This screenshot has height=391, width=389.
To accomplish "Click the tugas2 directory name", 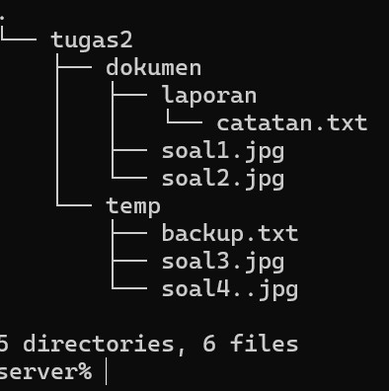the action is coord(92,41).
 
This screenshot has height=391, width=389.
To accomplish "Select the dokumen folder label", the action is coord(153,68).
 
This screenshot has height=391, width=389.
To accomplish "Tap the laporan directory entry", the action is coord(209,97).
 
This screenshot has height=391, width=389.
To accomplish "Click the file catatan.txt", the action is coord(292,123).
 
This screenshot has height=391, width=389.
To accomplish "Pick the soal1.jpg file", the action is coord(223,152).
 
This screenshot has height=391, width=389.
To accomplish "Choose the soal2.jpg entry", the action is coord(223,180).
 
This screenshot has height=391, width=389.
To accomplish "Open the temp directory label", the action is coord(133,207).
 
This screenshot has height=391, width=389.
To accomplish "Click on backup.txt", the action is coord(230,234).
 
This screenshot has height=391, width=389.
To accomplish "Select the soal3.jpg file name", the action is coord(223,263).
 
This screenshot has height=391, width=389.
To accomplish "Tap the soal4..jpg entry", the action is coord(230,290).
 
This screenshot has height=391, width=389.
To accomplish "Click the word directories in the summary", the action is coord(99,344).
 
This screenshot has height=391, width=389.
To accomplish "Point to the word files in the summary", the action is coord(265,344).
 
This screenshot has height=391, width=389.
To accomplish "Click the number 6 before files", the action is coord(209,344).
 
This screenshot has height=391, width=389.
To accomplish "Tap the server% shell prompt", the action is coord(45,371).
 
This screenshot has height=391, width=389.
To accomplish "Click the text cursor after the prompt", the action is coord(106,371).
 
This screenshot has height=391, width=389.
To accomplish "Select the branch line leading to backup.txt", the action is coord(129,233).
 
